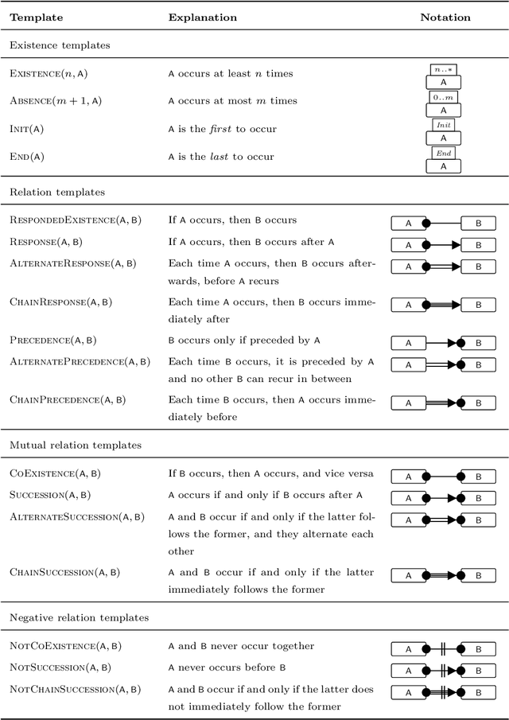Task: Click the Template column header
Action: point(36,17)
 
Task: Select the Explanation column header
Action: point(202,17)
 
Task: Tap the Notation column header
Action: point(445,17)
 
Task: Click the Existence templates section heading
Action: point(59,45)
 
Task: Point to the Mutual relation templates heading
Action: point(75,446)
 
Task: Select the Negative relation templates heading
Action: point(80,617)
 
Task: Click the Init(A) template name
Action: point(27,129)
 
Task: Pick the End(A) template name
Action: point(26,157)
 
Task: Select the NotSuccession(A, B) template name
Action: point(60,667)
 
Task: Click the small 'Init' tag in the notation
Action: point(443,125)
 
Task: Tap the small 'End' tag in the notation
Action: point(443,153)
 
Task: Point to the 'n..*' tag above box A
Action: point(443,70)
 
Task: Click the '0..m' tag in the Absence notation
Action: point(443,97)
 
